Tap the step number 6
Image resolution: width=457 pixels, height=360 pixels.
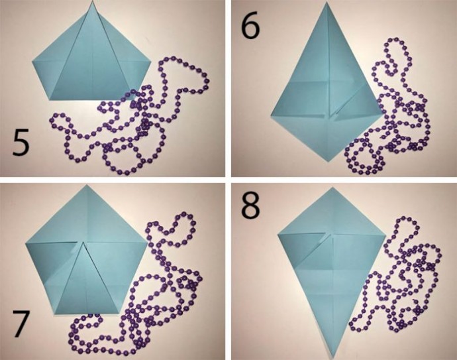pyautogui.click(x=250, y=26)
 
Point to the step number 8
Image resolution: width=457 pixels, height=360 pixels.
pyautogui.click(x=250, y=206)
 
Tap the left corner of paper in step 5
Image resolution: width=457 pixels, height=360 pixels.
pyautogui.click(x=32, y=61)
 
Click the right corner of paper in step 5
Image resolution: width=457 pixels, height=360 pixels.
pyautogui.click(x=152, y=62)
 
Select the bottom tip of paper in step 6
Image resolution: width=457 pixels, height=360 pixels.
pyautogui.click(x=328, y=161)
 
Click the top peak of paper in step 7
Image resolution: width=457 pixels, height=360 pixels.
pyautogui.click(x=86, y=185)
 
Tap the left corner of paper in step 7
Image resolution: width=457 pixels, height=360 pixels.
pyautogui.click(x=26, y=243)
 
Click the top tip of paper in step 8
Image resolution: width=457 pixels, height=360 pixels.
pyautogui.click(x=332, y=188)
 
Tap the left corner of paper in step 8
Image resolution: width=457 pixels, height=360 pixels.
pyautogui.click(x=278, y=234)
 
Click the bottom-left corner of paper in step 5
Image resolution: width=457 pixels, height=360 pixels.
pyautogui.click(x=51, y=99)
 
